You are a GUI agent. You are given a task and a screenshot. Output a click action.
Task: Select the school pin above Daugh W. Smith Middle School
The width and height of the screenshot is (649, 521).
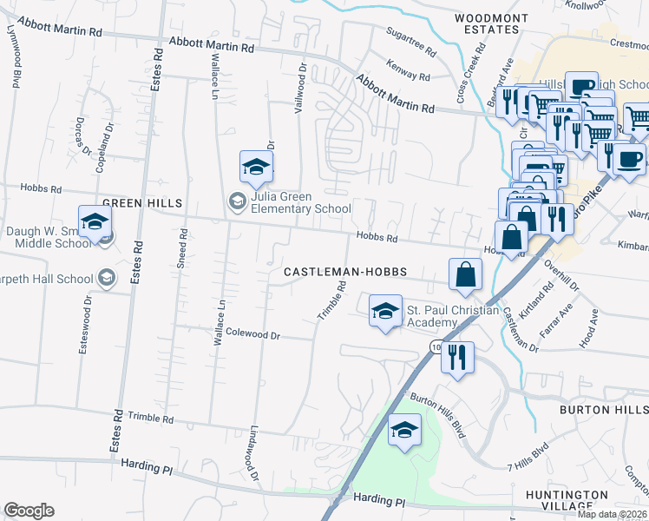[x=95, y=222]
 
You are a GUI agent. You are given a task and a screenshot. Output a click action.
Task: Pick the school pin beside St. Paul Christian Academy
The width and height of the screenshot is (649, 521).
[x=385, y=312]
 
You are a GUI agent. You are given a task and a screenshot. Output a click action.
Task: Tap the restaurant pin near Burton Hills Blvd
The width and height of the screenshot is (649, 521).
[x=457, y=356]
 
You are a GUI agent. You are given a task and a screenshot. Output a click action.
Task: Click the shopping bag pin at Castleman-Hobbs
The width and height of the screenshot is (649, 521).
[x=466, y=274]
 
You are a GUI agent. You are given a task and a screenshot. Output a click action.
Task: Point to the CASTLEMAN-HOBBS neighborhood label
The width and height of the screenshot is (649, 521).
[x=346, y=272]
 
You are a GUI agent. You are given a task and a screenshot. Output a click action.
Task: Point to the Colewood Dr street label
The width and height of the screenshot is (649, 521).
[x=253, y=334]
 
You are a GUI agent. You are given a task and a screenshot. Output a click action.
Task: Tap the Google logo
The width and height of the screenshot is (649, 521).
[x=29, y=511]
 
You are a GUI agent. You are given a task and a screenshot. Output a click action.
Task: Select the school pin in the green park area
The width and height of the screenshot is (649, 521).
[x=404, y=430]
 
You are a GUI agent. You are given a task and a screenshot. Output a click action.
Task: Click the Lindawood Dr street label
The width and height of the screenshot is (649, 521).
[x=254, y=452]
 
